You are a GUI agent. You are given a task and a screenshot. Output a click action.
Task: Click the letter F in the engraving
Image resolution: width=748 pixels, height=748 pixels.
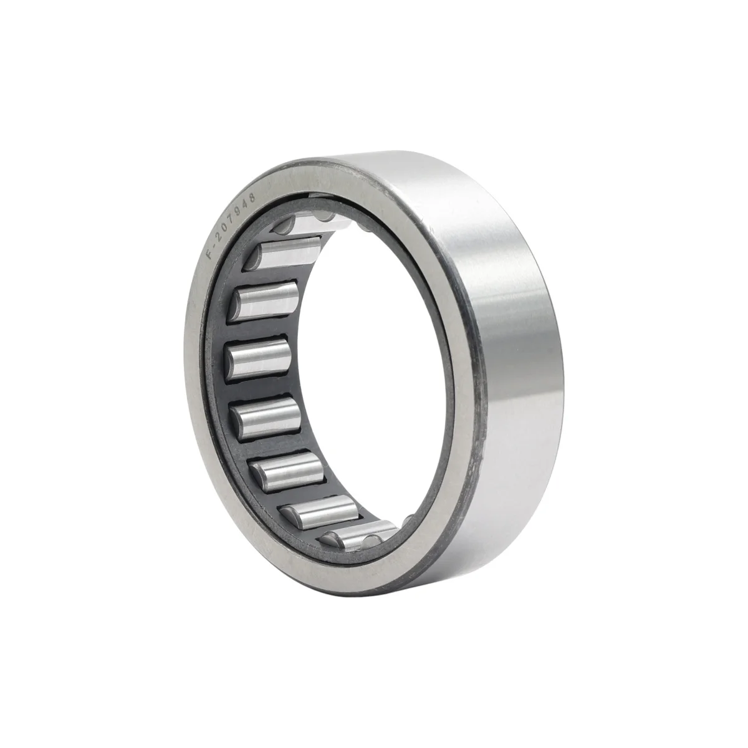point(211,256)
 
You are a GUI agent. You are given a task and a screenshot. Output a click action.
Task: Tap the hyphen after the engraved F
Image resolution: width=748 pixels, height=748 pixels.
point(214,246)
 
